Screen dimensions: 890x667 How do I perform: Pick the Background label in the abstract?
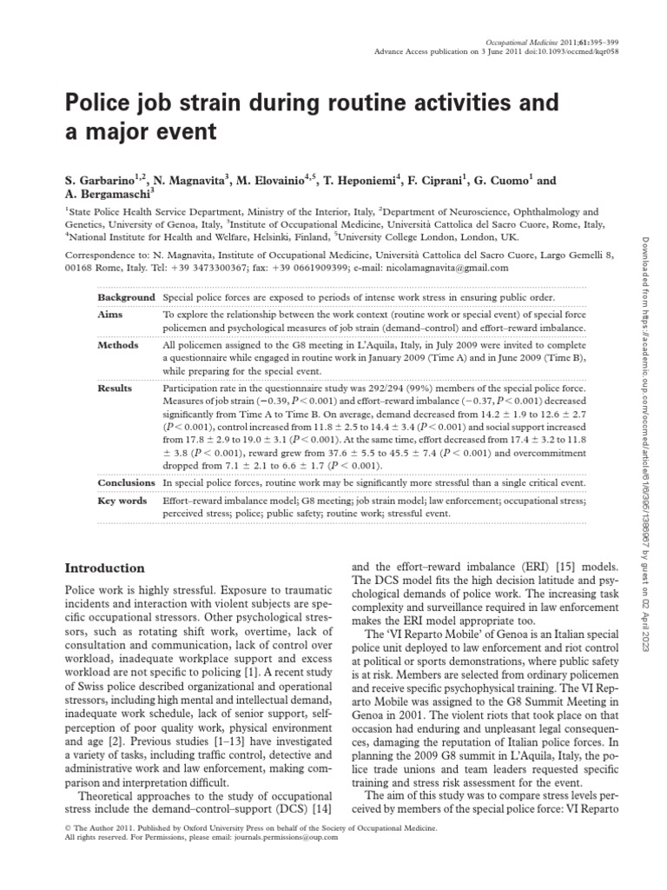point(127,296)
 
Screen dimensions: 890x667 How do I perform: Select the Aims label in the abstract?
point(110,314)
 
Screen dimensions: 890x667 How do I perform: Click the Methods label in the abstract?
point(118,345)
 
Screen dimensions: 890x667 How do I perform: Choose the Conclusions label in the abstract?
point(127,482)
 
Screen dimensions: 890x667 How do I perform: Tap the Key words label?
point(122,501)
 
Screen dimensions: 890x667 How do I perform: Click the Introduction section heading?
point(105,568)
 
